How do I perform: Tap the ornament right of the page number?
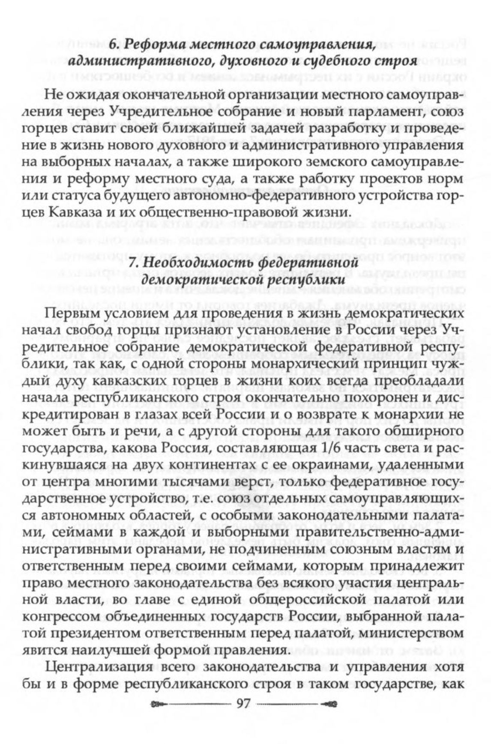pyautogui.click(x=329, y=704)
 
